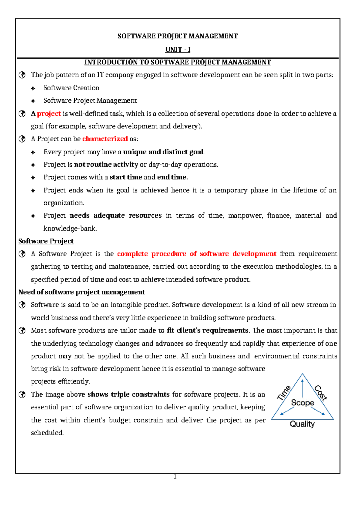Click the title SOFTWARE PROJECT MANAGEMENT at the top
pyautogui.click(x=178, y=36)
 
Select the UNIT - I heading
pyautogui.click(x=178, y=50)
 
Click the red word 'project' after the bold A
pyautogui.click(x=49, y=114)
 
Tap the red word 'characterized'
pyautogui.click(x=105, y=139)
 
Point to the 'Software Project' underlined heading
pyautogui.click(x=46, y=241)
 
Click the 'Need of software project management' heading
pyautogui.click(x=82, y=292)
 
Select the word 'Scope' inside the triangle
pyautogui.click(x=302, y=403)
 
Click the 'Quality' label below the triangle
pyautogui.click(x=302, y=424)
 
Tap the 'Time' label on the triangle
pyautogui.click(x=284, y=393)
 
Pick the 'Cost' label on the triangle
pyautogui.click(x=320, y=393)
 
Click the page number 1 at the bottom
pyautogui.click(x=175, y=477)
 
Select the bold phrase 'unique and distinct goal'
pyautogui.click(x=163, y=152)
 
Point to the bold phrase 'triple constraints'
pyautogui.click(x=128, y=394)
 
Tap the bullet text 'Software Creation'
pyautogui.click(x=71, y=88)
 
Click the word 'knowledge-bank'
pyautogui.click(x=70, y=229)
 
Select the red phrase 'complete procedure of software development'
pyautogui.click(x=196, y=254)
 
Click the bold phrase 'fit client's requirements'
pyautogui.click(x=208, y=330)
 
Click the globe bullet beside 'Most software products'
pyautogui.click(x=22, y=331)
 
